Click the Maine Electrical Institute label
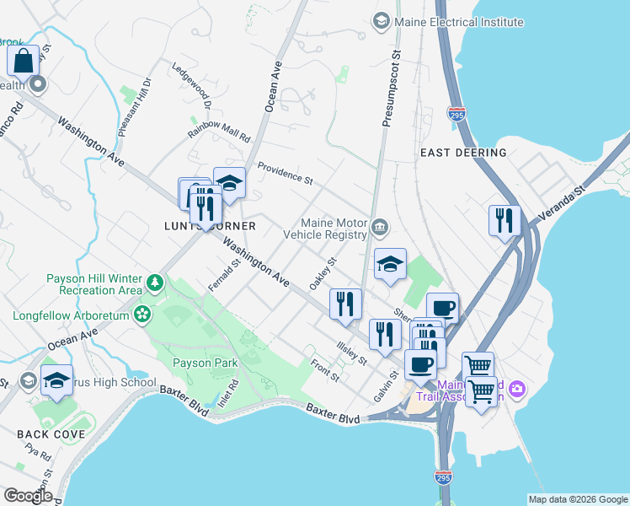tap(459, 22)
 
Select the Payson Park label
tap(206, 363)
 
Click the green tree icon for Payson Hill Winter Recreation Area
tap(155, 282)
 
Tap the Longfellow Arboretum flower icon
tap(142, 315)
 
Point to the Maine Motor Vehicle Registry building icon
tap(380, 226)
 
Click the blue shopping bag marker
tap(24, 61)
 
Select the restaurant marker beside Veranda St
tap(505, 220)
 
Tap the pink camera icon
tap(516, 389)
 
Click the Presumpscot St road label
tap(390, 89)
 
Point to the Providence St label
tap(285, 173)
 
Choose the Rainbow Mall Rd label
tap(219, 131)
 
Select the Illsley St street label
tap(351, 353)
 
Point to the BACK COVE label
tap(51, 433)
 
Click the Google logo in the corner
tap(28, 495)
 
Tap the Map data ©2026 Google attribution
tap(578, 499)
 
